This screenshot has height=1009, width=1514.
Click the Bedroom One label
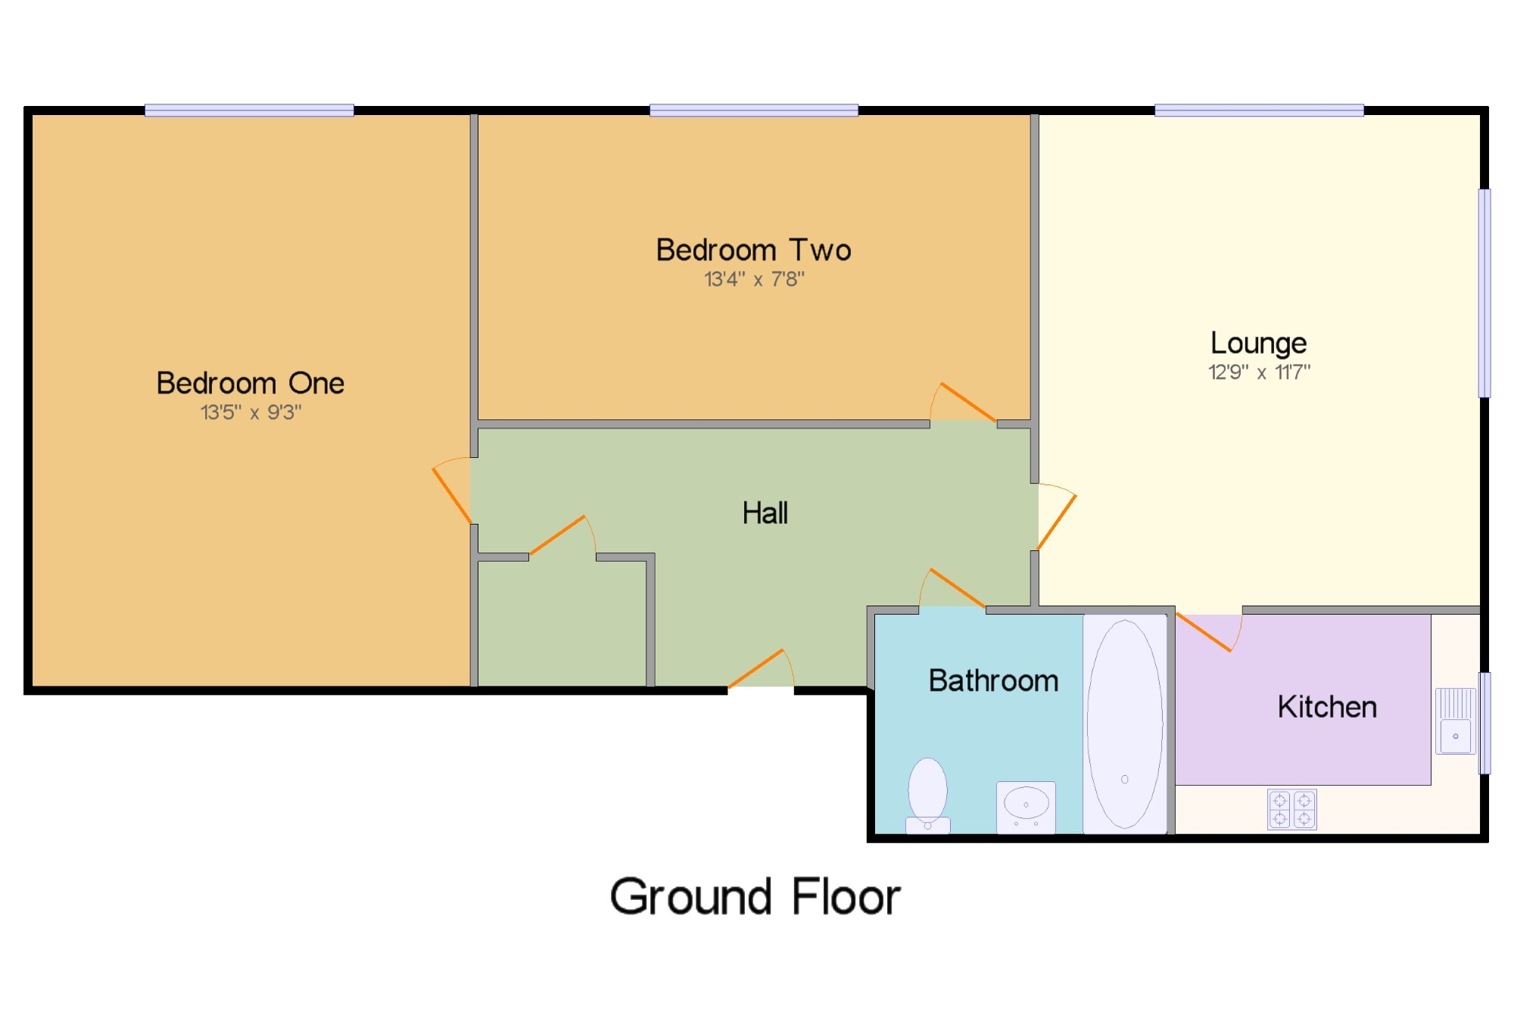251,383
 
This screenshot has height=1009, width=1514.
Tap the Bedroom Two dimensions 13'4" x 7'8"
754,279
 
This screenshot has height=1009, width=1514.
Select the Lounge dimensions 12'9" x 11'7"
1259,372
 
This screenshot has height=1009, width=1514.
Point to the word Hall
765,512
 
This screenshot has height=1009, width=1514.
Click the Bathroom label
993,680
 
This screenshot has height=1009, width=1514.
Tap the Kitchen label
1327,706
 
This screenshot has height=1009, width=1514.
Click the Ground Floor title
755,897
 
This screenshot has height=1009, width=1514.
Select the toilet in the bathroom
927,795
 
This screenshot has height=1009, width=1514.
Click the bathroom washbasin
1026,807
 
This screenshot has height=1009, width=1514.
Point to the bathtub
1125,724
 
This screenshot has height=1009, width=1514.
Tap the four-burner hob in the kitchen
1292,809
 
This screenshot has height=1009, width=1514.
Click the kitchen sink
1456,721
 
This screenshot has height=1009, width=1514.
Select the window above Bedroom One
249,111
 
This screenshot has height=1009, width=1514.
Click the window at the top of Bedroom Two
754,111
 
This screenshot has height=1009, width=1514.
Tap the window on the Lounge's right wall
1484,293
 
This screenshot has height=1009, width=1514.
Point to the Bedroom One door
451,490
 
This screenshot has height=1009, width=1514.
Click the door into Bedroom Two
963,402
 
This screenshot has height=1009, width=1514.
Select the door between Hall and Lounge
1057,516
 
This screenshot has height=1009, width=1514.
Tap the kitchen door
1209,632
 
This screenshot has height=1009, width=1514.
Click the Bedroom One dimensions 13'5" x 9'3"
251,413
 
